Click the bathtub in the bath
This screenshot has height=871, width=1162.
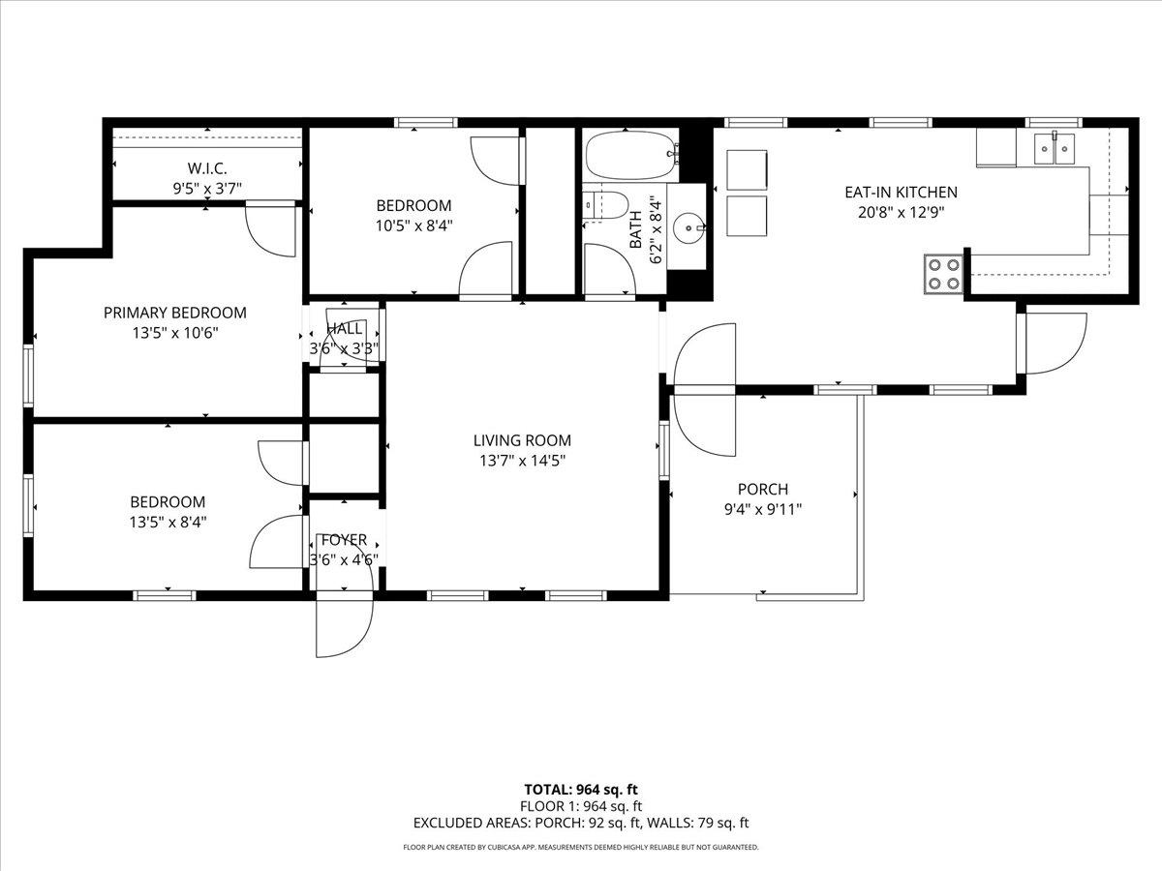[631, 156]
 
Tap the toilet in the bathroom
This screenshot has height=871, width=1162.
[605, 205]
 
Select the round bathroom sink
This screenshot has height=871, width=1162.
[688, 228]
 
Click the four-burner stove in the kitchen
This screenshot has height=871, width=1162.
[943, 274]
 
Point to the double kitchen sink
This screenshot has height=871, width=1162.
[1055, 149]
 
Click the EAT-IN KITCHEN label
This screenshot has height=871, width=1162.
[901, 192]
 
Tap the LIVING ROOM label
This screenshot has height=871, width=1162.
[522, 440]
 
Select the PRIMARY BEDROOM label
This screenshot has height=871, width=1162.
[175, 313]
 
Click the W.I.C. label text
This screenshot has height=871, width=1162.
[207, 168]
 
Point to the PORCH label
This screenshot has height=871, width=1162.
[763, 489]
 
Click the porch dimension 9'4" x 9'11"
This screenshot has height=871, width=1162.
[763, 509]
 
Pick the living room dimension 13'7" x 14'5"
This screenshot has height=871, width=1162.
[523, 461]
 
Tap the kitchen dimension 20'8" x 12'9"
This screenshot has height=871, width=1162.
[901, 213]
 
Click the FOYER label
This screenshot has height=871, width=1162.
[344, 539]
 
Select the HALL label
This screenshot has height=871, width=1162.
[344, 328]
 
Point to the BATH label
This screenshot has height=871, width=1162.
[636, 229]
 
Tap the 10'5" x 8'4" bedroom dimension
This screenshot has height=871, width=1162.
[414, 225]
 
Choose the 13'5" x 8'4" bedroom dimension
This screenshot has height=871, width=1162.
[168, 522]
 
